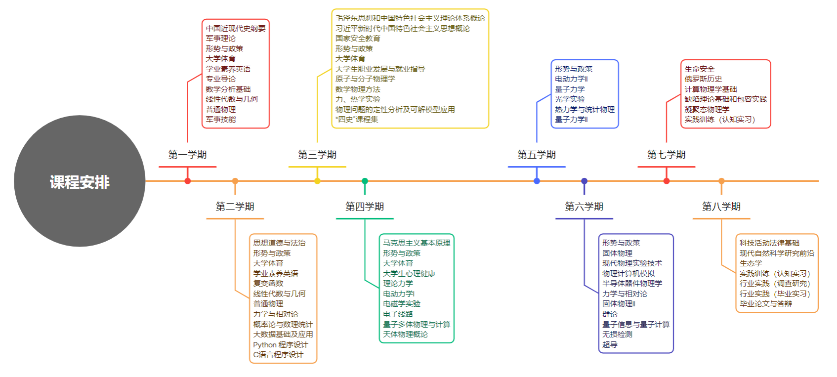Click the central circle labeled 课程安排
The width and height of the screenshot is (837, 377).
click(x=80, y=181)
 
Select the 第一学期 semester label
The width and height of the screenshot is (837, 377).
click(x=187, y=155)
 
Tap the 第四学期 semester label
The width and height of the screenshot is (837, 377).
click(x=365, y=207)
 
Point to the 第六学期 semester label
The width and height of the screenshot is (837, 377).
click(x=584, y=207)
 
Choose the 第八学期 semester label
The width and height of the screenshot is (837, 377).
click(x=721, y=207)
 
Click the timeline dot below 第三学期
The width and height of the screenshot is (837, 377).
click(x=317, y=181)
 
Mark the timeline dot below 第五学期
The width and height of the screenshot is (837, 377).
click(x=537, y=181)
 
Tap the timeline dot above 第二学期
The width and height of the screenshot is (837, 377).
click(x=235, y=181)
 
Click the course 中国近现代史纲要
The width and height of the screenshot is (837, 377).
click(x=236, y=29)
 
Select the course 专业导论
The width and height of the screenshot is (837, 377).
click(x=221, y=79)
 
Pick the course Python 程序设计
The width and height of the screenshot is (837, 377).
click(x=280, y=345)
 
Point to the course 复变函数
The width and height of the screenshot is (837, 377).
click(x=268, y=284)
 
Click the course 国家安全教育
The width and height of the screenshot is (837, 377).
click(x=358, y=39)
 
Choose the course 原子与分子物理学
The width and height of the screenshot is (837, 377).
click(x=365, y=79)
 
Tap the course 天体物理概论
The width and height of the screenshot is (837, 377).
click(x=405, y=335)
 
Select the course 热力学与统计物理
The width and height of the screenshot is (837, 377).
click(x=585, y=110)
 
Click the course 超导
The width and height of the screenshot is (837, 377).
click(x=610, y=345)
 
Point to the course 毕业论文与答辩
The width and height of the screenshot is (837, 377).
click(x=765, y=304)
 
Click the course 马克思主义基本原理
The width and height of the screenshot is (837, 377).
click(x=417, y=243)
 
